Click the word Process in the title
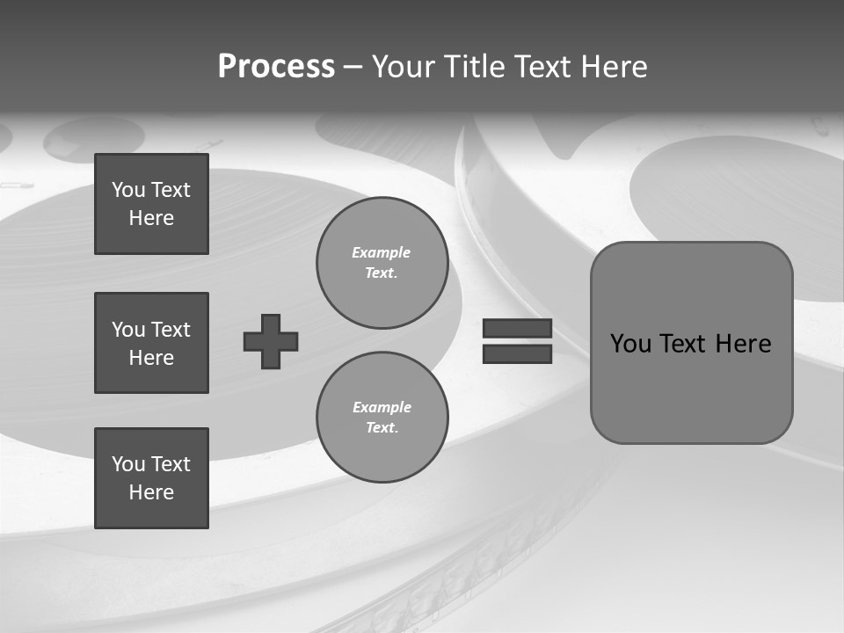276,67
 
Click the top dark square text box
151,204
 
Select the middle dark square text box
151,343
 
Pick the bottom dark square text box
151,478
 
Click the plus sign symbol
271,341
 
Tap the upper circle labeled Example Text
382,263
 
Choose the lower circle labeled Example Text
382,418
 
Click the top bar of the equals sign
517,329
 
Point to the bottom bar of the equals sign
517,353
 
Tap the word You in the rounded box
629,344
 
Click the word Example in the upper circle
382,252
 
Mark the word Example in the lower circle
382,407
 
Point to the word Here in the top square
151,218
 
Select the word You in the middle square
128,330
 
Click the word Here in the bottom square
151,492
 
